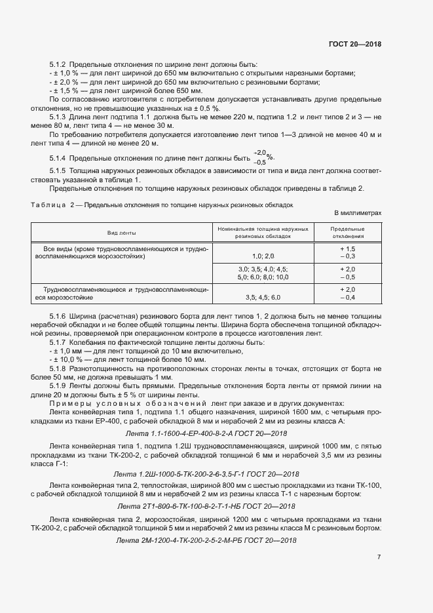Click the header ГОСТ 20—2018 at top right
354,44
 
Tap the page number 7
379,557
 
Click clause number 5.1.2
58,65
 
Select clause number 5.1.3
58,116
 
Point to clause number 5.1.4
58,158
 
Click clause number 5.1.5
58,171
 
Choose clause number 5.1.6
58,317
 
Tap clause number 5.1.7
58,342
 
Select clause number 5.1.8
58,368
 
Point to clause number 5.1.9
58,387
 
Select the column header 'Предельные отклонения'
348,233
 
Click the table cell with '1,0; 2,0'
263,256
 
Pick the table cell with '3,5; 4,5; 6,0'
263,298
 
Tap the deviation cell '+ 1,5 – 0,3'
347,253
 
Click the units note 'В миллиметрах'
357,213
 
